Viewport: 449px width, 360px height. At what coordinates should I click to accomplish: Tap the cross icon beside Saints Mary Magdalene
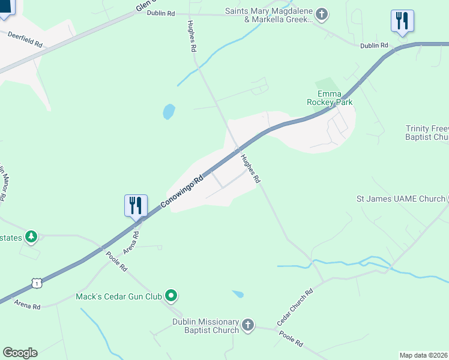[322, 14]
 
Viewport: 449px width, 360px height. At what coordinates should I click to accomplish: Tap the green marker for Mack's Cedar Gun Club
[171, 295]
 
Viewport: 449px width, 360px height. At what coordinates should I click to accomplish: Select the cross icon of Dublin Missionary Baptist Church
[248, 326]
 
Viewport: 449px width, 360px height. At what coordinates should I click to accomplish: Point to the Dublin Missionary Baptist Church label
[205, 326]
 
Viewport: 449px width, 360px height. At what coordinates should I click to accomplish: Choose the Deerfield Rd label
[25, 40]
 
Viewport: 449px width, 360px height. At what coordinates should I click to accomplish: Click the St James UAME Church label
[400, 198]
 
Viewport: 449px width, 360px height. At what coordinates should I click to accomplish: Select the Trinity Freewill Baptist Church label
[427, 133]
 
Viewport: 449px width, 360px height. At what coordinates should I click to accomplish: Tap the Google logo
[20, 353]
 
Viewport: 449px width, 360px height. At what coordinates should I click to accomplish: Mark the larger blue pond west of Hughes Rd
[169, 111]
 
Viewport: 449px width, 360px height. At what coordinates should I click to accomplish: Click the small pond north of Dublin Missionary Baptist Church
[238, 294]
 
